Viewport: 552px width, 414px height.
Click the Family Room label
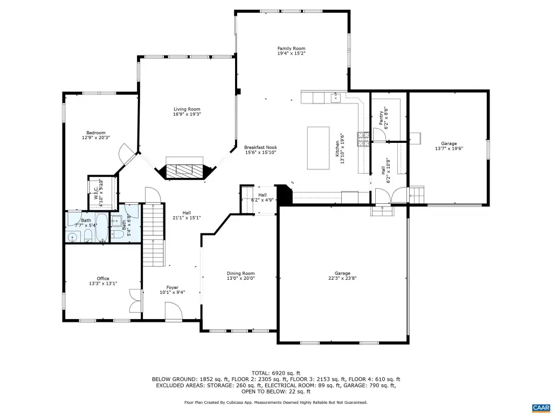tap(291, 49)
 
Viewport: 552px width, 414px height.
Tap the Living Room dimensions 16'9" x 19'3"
tap(187, 114)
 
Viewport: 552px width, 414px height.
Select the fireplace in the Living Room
tap(185, 171)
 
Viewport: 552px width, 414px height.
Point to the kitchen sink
tap(336, 97)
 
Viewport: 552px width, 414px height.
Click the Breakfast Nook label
tap(260, 148)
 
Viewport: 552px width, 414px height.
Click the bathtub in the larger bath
tap(102, 227)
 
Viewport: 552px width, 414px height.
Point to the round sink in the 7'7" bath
tap(73, 238)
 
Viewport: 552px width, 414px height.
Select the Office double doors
tap(136, 301)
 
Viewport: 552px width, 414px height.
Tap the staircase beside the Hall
tap(154, 235)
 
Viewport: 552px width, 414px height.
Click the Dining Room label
tap(241, 273)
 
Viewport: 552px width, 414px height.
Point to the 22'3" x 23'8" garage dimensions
tap(342, 278)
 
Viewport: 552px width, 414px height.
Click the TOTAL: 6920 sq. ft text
tap(276, 373)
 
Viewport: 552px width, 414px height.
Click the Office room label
tap(103, 279)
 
